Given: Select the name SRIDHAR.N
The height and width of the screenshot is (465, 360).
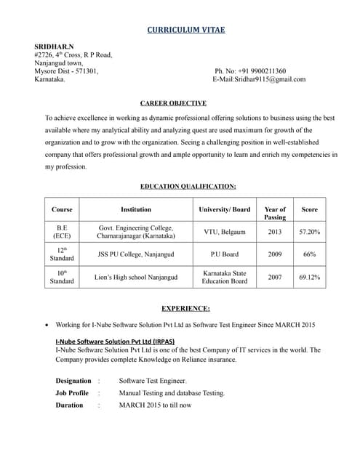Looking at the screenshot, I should [54, 46].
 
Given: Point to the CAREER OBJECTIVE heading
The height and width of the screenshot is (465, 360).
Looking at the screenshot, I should [173, 103].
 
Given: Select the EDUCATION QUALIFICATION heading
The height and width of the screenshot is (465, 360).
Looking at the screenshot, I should [188, 186].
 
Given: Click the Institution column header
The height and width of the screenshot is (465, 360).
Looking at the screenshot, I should [136, 209].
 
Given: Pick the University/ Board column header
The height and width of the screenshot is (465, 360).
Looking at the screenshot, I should [225, 209].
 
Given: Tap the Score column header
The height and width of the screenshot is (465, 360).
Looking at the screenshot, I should [309, 209].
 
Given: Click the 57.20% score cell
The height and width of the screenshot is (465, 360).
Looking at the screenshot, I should [309, 232].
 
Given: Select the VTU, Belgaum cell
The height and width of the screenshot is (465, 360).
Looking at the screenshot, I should [225, 232].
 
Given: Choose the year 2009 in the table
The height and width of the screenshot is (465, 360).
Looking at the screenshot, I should [275, 254].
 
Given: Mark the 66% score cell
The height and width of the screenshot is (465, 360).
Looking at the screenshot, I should [309, 254].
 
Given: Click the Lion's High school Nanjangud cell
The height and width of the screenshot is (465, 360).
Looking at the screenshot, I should [136, 277].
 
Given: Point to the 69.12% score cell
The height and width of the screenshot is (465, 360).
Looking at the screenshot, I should [309, 277].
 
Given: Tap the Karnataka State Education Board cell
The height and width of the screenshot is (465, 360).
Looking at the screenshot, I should [225, 277].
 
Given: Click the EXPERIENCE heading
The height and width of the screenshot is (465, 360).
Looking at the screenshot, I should [185, 308].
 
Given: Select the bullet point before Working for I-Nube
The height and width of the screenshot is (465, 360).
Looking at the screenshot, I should [47, 325].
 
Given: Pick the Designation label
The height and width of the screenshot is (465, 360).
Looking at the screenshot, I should [73, 381].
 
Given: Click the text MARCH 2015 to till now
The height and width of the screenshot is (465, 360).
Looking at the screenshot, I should [155, 405].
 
